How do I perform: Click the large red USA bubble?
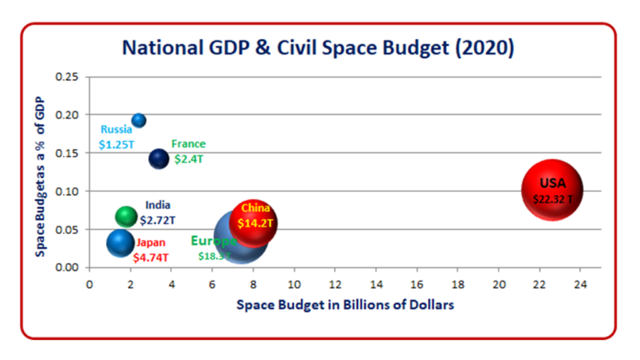[x=552, y=190]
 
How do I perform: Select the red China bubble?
[x=253, y=222]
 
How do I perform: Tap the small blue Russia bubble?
[x=139, y=121]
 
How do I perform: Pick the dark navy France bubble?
[x=159, y=157]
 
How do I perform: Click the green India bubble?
[x=126, y=217]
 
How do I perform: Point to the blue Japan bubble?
[x=121, y=243]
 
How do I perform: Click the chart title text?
[x=318, y=47]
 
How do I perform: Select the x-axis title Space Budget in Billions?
[x=345, y=305]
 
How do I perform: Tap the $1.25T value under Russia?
[x=117, y=144]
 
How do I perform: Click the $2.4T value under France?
[x=189, y=158]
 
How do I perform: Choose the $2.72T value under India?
[x=157, y=220]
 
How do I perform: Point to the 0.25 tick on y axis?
[x=67, y=77]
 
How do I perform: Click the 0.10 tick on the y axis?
[x=67, y=191]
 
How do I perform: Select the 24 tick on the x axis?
[x=581, y=283]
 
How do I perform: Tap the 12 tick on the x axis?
[x=335, y=283]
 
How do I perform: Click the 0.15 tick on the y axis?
[x=67, y=152]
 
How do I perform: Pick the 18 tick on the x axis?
[x=457, y=283]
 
